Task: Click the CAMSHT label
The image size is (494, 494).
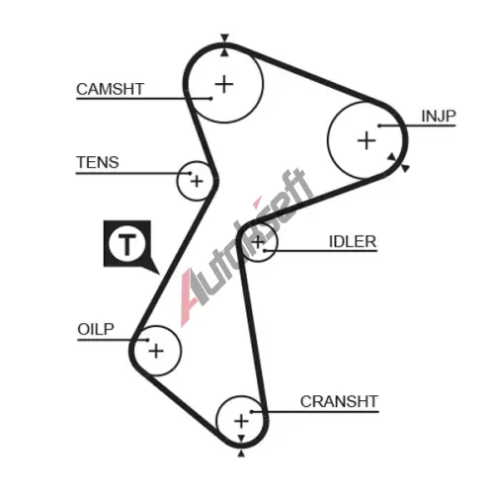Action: tap(110, 89)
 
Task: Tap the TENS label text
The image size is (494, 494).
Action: tap(98, 162)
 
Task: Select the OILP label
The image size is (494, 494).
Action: tap(96, 329)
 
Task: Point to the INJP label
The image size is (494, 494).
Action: tap(439, 116)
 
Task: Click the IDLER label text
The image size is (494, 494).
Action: tap(353, 242)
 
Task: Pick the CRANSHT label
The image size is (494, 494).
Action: tap(339, 401)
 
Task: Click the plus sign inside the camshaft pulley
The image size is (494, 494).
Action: tap(224, 84)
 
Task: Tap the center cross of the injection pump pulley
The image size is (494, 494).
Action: tap(367, 140)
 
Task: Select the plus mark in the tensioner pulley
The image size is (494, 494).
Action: tap(197, 182)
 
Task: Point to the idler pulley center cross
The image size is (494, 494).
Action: tap(258, 242)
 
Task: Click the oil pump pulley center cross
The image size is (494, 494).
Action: tap(156, 351)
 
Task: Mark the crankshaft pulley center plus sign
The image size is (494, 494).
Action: tap(241, 421)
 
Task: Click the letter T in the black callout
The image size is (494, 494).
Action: tap(127, 245)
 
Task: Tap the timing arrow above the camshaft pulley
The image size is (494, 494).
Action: tap(224, 38)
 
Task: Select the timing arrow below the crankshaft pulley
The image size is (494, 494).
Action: tap(241, 453)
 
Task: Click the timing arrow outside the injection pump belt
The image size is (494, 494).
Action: tap(405, 168)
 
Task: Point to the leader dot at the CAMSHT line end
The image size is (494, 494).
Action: tap(210, 98)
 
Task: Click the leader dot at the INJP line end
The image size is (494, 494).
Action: tap(379, 125)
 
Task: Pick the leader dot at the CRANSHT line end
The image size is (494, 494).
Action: tap(251, 412)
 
